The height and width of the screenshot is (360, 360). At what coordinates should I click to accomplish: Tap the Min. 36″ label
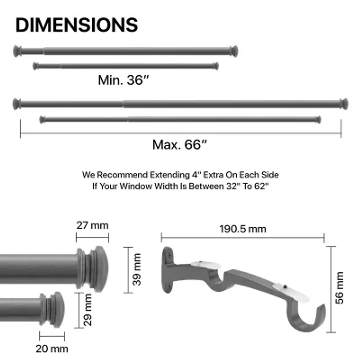click(123, 80)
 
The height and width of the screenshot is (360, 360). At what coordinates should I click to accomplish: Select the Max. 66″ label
click(180, 145)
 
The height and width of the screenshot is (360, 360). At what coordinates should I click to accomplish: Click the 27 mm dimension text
click(92, 225)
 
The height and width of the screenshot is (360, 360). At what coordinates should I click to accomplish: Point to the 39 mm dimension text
click(137, 270)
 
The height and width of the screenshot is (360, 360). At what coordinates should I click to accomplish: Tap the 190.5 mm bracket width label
click(243, 229)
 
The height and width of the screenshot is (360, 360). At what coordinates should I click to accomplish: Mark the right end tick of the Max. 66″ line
click(341, 129)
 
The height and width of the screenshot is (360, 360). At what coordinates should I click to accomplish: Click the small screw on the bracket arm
click(285, 285)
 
